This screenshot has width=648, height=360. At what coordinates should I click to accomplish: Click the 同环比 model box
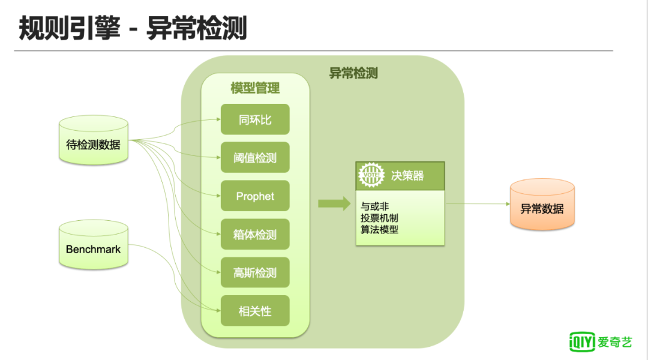(255, 119)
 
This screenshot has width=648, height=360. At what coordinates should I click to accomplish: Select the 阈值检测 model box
(255, 158)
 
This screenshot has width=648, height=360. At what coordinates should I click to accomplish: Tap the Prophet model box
(255, 196)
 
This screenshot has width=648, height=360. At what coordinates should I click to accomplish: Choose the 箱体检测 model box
(255, 235)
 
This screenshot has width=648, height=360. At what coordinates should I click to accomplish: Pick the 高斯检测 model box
(255, 273)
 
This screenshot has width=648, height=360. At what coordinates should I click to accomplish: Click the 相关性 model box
(255, 311)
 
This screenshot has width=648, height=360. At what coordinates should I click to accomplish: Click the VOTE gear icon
(371, 175)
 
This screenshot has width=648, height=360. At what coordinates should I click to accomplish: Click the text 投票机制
(379, 218)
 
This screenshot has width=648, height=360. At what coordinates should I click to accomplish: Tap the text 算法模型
(379, 229)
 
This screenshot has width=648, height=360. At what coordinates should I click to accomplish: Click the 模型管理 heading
(255, 89)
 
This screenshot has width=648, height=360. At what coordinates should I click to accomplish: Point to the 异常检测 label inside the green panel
(353, 73)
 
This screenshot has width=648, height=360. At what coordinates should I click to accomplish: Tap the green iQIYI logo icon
(581, 342)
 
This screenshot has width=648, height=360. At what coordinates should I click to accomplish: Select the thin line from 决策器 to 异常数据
(477, 204)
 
